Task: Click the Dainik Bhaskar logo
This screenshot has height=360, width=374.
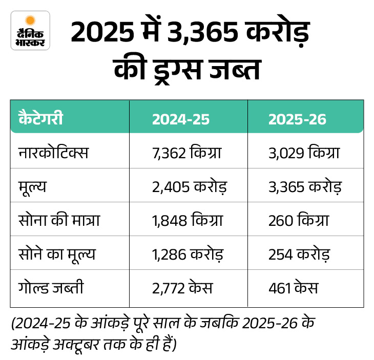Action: click(30, 30)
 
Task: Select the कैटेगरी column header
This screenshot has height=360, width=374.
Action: click(41, 119)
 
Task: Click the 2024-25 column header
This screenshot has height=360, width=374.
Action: click(180, 119)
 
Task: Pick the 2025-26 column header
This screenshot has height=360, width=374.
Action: click(297, 119)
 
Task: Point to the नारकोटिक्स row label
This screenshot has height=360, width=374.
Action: click(53, 153)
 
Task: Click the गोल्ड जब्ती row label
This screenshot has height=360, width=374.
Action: click(50, 288)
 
